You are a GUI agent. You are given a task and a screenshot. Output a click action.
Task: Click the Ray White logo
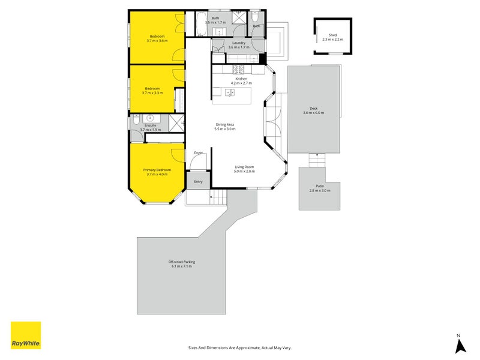click(26, 335)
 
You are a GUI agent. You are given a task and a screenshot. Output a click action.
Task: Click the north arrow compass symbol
click(460, 344)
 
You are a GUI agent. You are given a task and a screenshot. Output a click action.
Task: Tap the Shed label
click(332, 35)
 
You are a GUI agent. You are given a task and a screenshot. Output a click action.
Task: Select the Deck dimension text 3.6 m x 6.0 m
click(313, 113)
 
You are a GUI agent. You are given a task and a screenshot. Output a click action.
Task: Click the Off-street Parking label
click(181, 262)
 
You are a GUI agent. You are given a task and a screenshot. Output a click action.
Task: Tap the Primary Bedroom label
click(157, 170)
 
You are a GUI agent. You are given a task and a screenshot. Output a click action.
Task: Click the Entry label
click(198, 181)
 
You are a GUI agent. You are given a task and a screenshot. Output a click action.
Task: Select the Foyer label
click(198, 153)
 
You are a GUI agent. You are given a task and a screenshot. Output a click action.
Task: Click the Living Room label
click(244, 167)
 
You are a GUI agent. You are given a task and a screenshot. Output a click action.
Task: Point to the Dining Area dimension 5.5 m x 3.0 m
click(226, 129)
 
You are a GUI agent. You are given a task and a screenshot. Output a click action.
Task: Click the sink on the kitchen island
click(229, 92)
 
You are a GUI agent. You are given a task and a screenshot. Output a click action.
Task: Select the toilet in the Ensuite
click(136, 118)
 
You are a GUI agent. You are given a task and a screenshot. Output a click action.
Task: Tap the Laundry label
click(239, 43)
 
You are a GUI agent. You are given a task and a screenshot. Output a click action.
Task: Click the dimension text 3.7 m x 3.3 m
click(152, 93)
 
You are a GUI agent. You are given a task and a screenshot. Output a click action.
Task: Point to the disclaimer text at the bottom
click(239, 347)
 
